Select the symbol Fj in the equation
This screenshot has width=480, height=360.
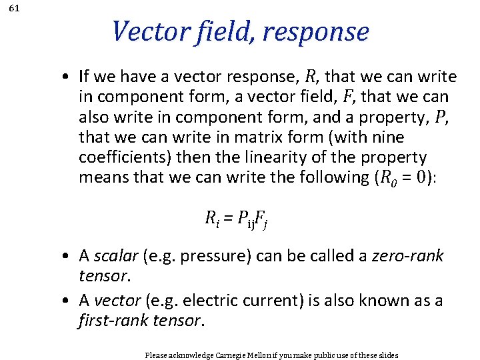(x=263, y=218)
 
